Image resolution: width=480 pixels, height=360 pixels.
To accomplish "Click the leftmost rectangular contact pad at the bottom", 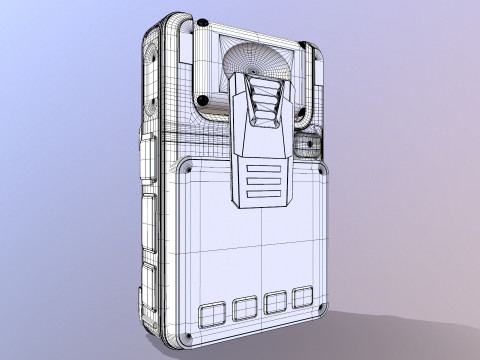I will click(x=213, y=315).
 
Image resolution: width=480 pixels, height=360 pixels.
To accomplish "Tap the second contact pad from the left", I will click(x=244, y=309).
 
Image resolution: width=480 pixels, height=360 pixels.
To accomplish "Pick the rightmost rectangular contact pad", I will click(x=303, y=297).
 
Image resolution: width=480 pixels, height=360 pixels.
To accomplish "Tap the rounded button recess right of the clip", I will click(x=309, y=145).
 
